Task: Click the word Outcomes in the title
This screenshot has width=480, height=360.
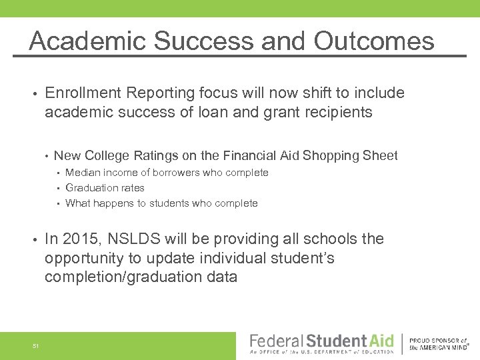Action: pos(374,41)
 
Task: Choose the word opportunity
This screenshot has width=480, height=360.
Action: pos(86,258)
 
